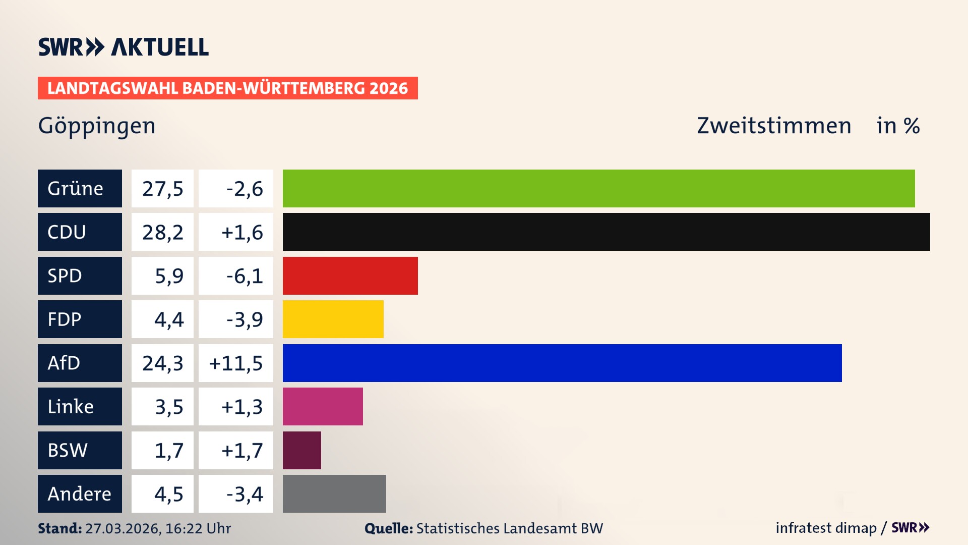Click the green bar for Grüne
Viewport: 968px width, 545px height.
(x=598, y=188)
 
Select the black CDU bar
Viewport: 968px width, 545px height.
(x=606, y=232)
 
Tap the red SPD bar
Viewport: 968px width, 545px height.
(x=350, y=276)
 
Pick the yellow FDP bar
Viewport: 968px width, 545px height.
(x=333, y=319)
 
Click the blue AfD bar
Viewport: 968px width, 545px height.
(x=562, y=363)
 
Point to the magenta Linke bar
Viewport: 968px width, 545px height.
(x=323, y=406)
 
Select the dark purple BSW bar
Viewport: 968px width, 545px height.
(x=301, y=450)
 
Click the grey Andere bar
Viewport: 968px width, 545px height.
(x=334, y=494)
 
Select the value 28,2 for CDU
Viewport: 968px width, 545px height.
(x=162, y=232)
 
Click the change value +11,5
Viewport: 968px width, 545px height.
(x=236, y=363)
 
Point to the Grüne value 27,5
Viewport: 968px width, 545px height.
(x=162, y=189)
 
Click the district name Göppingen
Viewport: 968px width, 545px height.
(x=97, y=126)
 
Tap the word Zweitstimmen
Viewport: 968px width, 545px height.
(x=774, y=126)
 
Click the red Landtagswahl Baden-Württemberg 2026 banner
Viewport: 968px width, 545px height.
(x=227, y=88)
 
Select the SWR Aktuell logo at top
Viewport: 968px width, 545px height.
(x=124, y=47)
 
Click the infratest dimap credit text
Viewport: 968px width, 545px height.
(x=826, y=528)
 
